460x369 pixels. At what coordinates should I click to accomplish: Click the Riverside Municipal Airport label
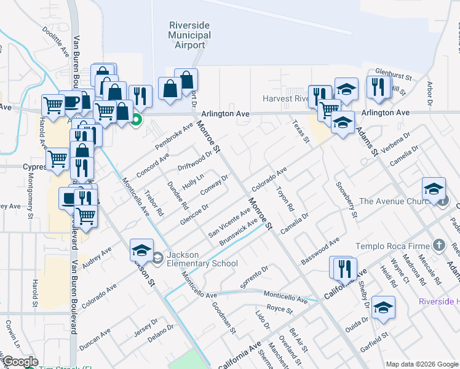pyautogui.click(x=189, y=35)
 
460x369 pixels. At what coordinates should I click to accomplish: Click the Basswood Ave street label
pyautogui.click(x=320, y=252)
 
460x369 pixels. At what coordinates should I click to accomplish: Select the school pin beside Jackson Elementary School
pyautogui.click(x=141, y=248)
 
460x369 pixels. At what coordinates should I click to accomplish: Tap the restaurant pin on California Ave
pyautogui.click(x=343, y=267)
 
